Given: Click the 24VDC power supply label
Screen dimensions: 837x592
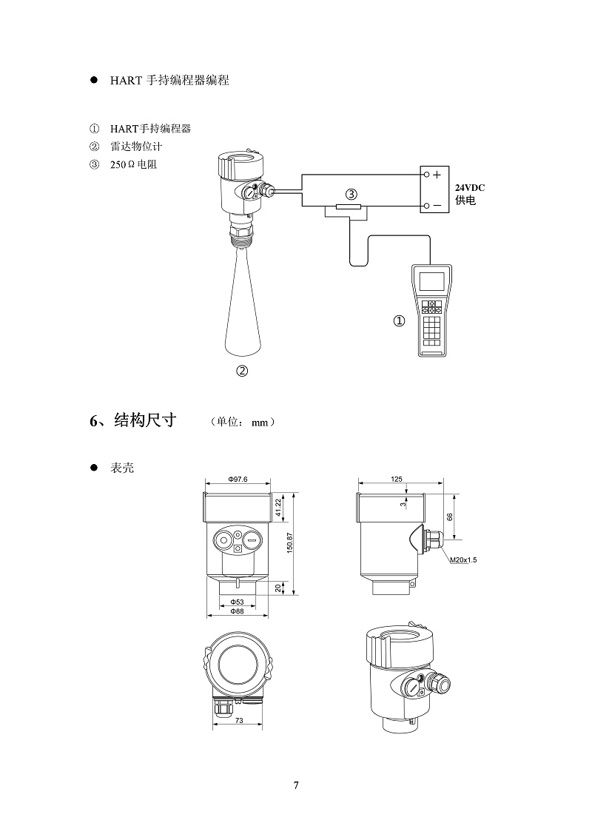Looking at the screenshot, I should coord(469,188).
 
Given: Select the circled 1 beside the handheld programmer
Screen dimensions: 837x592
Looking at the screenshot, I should coord(399,321).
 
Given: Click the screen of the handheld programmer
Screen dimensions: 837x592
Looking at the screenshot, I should coord(431,281).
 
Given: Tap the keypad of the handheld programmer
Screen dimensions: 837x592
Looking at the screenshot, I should coord(432,326).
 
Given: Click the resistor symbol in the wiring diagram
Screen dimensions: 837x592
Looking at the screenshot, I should coord(348,207).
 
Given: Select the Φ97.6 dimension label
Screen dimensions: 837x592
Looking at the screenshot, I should coord(238,480).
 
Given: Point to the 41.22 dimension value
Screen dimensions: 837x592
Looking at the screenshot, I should coord(277,508).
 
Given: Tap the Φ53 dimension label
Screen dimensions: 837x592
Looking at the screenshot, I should coord(237,602).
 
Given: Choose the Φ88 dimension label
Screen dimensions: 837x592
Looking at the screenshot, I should coord(237,611).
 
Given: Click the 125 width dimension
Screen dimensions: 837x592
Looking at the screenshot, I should coord(397,480).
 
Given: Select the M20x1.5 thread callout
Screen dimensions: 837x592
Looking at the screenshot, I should coord(464,560).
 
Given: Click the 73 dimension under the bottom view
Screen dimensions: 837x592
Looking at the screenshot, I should coord(239,720).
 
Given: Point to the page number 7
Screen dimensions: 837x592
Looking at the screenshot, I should coord(296,785).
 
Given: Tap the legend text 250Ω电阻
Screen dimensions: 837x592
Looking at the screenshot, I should coord(133,164).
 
